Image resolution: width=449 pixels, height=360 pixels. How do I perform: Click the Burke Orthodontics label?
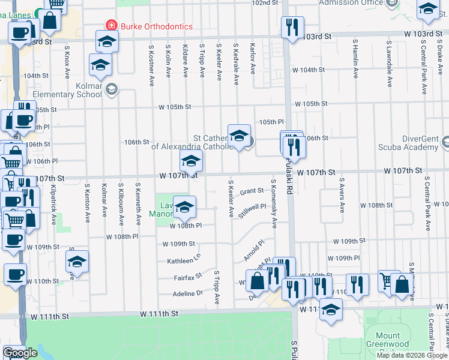(156, 26)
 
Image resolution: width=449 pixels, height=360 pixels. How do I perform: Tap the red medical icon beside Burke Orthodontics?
(111, 26)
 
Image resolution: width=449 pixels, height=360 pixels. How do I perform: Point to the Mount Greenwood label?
(391, 340)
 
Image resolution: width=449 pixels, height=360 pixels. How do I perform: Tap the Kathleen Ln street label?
(183, 261)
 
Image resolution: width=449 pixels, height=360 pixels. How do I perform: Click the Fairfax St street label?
(187, 278)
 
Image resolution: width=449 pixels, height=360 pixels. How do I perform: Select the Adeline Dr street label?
(188, 293)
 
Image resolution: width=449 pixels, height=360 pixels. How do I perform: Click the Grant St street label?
(252, 191)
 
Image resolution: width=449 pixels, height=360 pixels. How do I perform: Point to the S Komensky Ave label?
(274, 203)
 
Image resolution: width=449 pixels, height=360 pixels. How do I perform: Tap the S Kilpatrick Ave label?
(53, 205)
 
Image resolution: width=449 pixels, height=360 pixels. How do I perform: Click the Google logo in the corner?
(20, 353)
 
